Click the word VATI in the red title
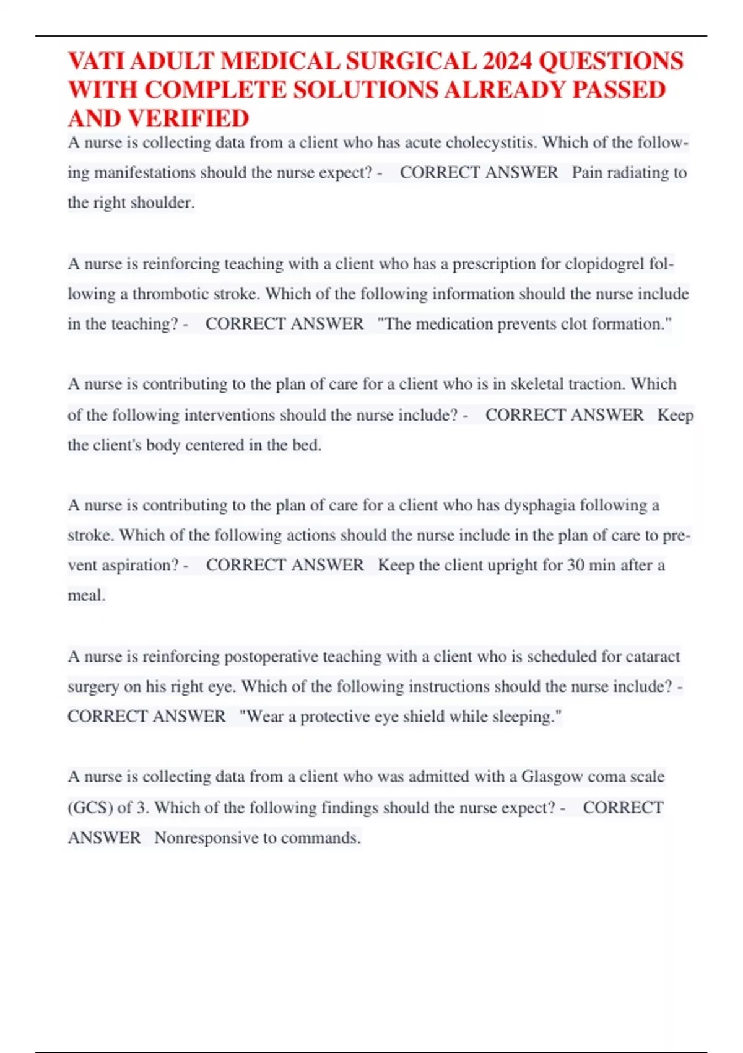97,61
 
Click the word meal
86,596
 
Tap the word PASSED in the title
619,90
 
